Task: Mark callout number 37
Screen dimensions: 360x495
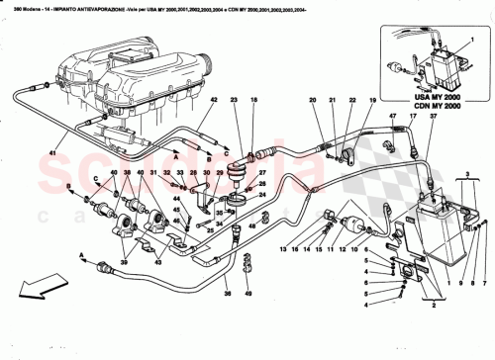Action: pos(432,117)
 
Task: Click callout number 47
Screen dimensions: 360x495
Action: pos(391,117)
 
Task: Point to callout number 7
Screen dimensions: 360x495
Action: pos(481,249)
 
